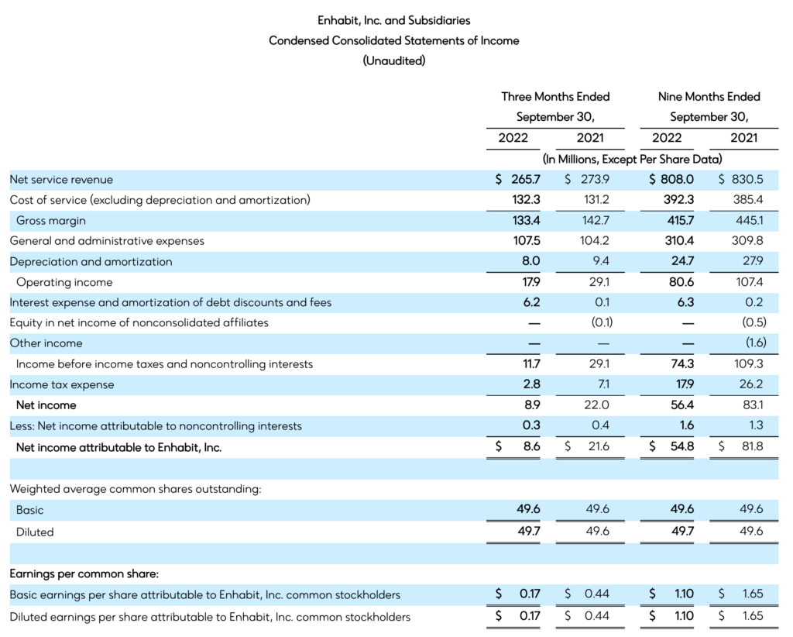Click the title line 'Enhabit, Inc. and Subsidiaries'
[394, 20]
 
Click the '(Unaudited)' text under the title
[394, 60]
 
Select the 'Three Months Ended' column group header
[555, 97]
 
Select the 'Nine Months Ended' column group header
[709, 97]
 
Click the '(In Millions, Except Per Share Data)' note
[632, 160]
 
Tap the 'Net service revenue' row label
[61, 180]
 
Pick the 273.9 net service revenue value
[590, 180]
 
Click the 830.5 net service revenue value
[747, 180]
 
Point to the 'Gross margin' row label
[51, 221]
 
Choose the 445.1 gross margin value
[749, 221]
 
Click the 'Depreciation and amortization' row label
[91, 262]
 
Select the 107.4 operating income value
[748, 282]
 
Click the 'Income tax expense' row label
[62, 384]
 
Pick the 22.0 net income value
[593, 405]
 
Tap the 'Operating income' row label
[64, 282]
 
